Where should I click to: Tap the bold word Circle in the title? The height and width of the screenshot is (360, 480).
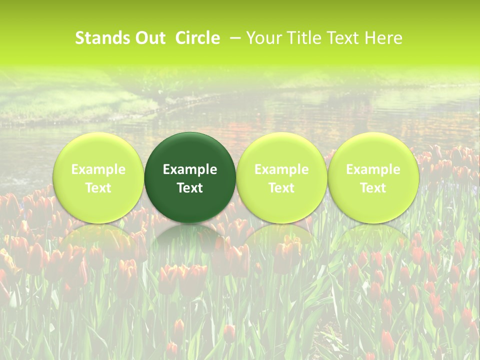pos(197,38)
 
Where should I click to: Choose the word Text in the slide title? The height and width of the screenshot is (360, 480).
pos(342,38)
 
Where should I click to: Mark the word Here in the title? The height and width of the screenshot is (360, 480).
pos(382,38)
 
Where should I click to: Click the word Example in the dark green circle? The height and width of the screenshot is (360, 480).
pos(190,169)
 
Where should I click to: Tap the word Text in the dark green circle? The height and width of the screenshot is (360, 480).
pos(190,188)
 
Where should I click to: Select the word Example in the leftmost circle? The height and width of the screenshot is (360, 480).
pos(98,169)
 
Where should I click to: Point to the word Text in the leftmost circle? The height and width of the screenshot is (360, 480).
pos(98,188)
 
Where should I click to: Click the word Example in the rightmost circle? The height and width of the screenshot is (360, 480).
pos(373,169)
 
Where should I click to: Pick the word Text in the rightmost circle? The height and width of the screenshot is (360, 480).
pos(373,188)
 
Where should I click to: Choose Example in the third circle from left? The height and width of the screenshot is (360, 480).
pos(281,169)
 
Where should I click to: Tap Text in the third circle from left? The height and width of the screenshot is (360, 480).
pos(281,188)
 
